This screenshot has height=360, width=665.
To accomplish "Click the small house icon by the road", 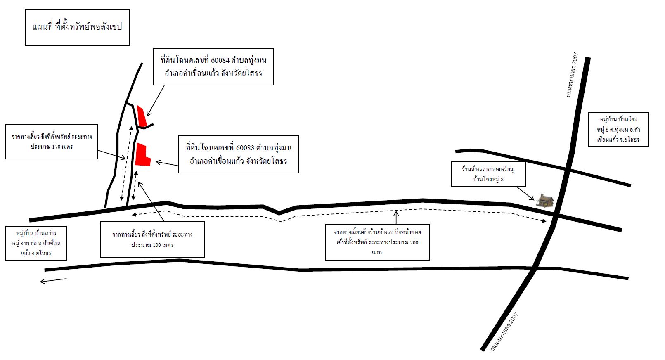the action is [x=545, y=200].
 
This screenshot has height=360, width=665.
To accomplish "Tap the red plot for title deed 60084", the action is [x=142, y=116].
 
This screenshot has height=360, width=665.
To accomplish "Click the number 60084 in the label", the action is [x=220, y=60].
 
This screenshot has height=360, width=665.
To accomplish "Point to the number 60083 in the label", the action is [x=245, y=148].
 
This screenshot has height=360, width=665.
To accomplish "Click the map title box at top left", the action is [x=77, y=27].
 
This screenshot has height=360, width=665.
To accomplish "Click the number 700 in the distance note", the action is [x=414, y=242].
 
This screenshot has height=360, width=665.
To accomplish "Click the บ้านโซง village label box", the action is [x=618, y=130].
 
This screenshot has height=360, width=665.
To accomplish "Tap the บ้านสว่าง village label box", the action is [x=36, y=243].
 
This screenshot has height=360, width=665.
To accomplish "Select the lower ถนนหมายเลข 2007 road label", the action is [x=504, y=332].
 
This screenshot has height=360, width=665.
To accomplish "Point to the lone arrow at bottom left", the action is [x=53, y=280].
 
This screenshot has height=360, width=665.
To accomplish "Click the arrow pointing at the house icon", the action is [x=525, y=193].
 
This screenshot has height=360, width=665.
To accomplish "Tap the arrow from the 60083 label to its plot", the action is [x=167, y=163].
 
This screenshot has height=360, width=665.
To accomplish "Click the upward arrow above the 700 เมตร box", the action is [x=396, y=217].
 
